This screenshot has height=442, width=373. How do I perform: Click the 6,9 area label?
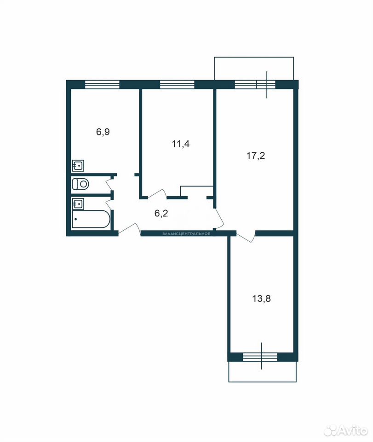(103, 132)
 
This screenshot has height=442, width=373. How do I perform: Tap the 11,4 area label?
(181, 144)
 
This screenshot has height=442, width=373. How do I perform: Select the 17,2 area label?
(256, 156)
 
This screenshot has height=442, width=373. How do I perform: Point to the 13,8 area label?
(262, 298)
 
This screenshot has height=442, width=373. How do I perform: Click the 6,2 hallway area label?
(161, 213)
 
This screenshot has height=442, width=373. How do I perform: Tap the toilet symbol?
(80, 184)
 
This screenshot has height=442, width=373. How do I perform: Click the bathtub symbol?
(91, 219)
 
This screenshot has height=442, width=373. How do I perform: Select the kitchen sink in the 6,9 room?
(78, 165)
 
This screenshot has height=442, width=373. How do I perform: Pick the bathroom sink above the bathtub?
(78, 204)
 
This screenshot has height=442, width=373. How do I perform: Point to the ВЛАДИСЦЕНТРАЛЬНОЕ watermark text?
(186, 234)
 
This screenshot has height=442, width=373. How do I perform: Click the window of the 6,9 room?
(102, 85)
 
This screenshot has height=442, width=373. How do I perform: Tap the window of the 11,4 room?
(177, 85)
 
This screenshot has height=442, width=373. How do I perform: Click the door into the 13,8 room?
(246, 236)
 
